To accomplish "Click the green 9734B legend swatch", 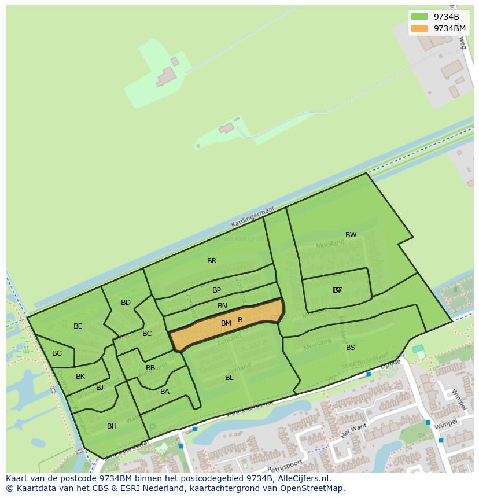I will click(x=419, y=17).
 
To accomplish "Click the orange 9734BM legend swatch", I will click(x=419, y=28).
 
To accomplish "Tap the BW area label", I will click(x=351, y=235).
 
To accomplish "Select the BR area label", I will click(x=212, y=261).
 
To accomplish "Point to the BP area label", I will click(x=216, y=290).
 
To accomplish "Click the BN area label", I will click(x=222, y=306).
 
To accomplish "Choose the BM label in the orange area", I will click(x=226, y=323).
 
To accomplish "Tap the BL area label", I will click(x=229, y=378).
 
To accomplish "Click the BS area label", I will click(x=351, y=348).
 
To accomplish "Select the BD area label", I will click(x=126, y=303).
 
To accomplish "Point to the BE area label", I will click(x=78, y=326).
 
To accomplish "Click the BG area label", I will click(x=57, y=353).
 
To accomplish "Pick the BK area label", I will click(x=80, y=377).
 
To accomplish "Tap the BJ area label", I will click(x=100, y=388).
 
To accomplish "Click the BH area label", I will click(x=112, y=426).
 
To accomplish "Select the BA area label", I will click(x=165, y=392).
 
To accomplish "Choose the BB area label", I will click(x=150, y=368).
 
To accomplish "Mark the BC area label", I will click(x=147, y=334).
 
